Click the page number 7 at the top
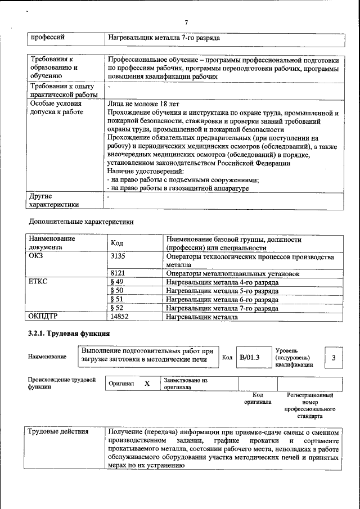(186, 22)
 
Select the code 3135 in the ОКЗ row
(118, 256)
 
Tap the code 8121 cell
(118, 273)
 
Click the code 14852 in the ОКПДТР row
(120, 317)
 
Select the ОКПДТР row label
(43, 317)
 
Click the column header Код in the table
(117, 243)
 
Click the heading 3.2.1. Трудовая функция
(69, 334)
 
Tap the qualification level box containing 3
(334, 357)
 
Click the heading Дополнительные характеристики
(81, 222)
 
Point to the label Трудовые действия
(58, 431)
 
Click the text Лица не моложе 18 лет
(143, 104)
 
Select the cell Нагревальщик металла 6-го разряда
(222, 300)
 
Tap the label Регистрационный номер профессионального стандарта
(309, 406)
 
